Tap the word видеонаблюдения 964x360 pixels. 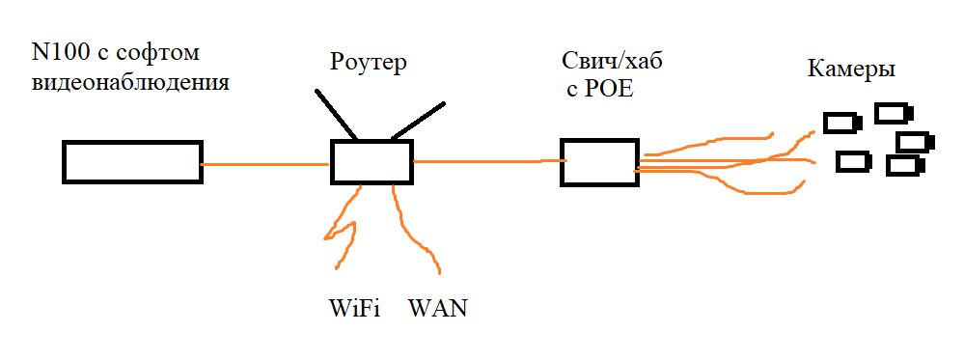(x=131, y=82)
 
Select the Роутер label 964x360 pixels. (x=369, y=63)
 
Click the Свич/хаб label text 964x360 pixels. (x=613, y=62)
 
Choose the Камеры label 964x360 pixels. (x=851, y=69)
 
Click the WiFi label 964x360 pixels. (x=355, y=308)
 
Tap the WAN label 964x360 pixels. (x=438, y=308)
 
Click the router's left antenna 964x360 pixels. (x=337, y=115)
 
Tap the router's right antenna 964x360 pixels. (x=418, y=121)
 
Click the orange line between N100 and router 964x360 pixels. (x=265, y=164)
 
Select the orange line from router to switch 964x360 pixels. (x=489, y=162)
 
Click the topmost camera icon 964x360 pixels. (x=894, y=113)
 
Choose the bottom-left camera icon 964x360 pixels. (x=854, y=162)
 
